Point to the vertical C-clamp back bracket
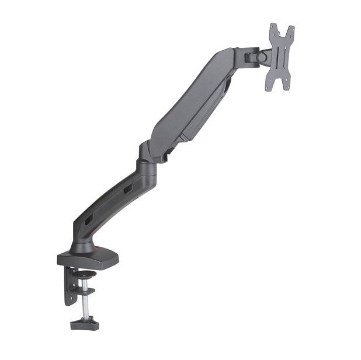point(70,286)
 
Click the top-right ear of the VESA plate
point(291,29)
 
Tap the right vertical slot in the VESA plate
point(287,59)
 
